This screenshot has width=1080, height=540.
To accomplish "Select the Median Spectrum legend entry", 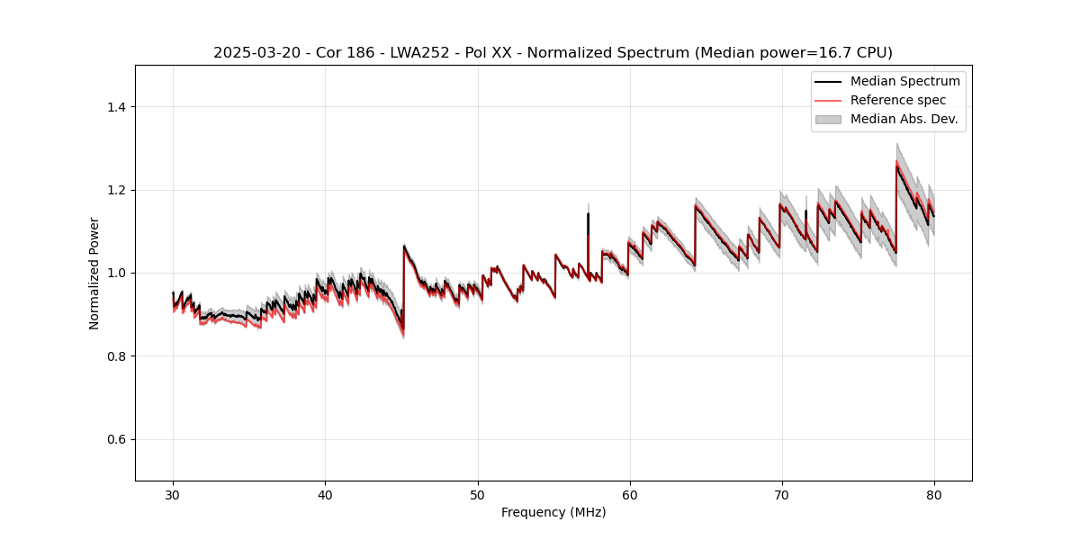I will pos(904,81).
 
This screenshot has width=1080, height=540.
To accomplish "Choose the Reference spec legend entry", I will pos(897,100).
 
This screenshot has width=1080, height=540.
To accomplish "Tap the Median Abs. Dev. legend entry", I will pos(904,119).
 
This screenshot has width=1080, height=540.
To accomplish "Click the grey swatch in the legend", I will pos(828,119).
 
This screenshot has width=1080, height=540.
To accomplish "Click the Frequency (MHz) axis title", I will pos(553,512).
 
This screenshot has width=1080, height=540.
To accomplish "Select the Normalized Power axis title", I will pos(94,273).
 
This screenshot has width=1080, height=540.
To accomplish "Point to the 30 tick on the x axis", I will pos(174,494).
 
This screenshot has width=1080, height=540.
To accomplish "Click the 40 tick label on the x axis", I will pos(326,494).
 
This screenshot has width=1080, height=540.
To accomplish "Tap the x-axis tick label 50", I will pos(478,494).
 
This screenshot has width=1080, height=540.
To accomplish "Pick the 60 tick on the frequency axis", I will pos(630,494).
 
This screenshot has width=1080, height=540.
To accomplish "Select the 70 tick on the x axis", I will pos(782,494).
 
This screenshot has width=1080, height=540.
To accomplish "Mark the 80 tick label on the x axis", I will pos(934,494).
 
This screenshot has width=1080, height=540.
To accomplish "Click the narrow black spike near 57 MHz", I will pos(588,216).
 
